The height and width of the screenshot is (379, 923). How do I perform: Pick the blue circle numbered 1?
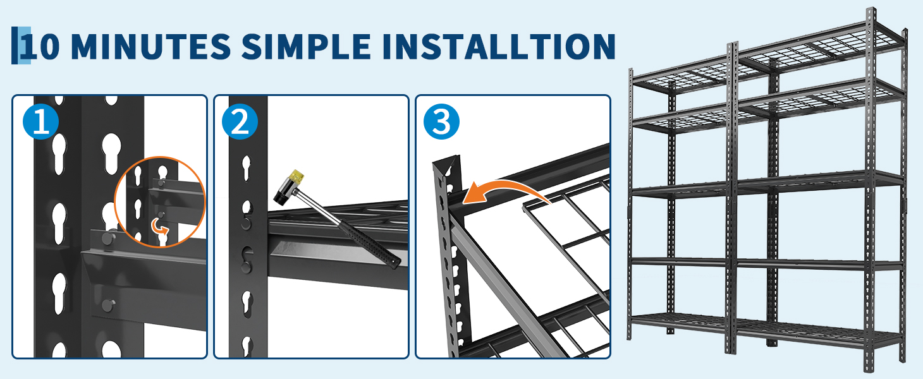41,121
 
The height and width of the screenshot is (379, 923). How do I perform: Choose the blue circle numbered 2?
240,121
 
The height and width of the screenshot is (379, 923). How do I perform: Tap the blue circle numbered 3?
441,121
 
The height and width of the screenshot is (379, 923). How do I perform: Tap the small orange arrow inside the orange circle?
159,226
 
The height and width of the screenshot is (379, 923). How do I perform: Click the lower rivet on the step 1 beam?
108,305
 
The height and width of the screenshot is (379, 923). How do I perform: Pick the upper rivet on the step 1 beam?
108,238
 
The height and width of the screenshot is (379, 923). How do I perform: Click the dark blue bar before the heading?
15,45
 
